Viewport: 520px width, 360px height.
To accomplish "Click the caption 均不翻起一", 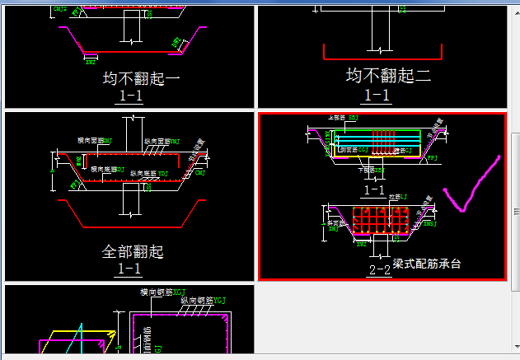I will [x=141, y=79].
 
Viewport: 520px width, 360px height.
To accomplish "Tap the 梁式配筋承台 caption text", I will [x=427, y=264].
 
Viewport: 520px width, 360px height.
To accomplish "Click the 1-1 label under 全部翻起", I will [x=129, y=269].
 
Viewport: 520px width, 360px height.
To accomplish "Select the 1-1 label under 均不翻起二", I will [x=377, y=95].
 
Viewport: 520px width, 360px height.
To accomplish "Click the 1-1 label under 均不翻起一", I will [x=129, y=96].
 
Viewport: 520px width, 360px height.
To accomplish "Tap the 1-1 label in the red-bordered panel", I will [x=373, y=189].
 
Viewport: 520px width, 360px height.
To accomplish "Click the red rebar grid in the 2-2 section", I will [x=380, y=221].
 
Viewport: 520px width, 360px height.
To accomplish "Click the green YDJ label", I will [x=163, y=174].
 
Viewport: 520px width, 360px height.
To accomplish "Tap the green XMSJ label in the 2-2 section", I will [x=429, y=222].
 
